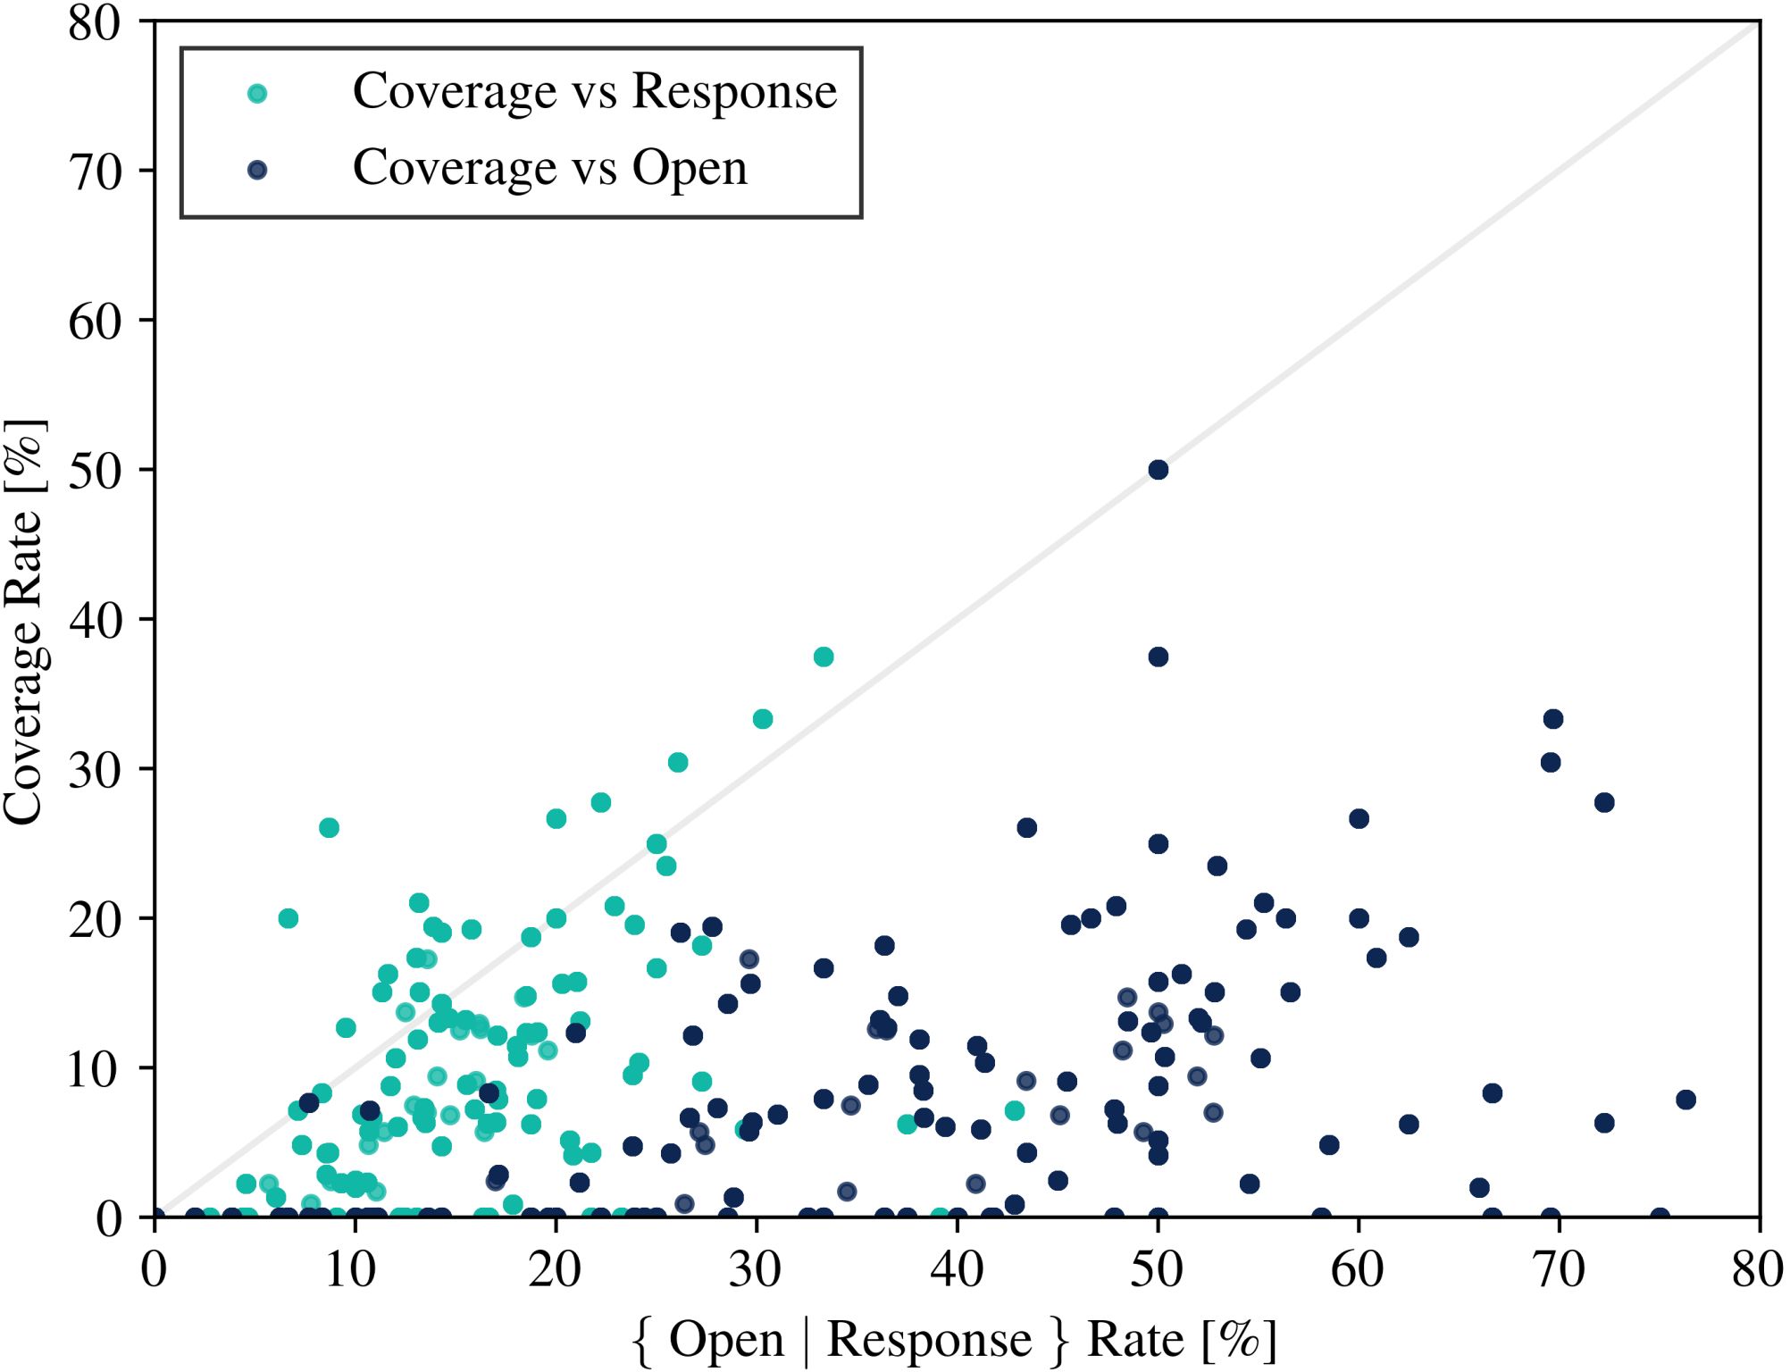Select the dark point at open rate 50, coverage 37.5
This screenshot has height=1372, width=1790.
[1158, 657]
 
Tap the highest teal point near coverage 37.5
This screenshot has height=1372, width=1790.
[824, 657]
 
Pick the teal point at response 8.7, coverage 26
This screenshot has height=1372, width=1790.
[329, 827]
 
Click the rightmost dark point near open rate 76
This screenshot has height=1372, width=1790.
[1685, 1100]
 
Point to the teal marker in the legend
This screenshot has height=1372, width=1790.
[257, 93]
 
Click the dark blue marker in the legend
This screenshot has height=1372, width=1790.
[257, 170]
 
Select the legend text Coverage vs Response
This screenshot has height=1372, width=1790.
[595, 91]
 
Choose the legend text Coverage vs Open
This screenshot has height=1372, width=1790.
[550, 168]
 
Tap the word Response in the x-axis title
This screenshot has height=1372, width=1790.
[929, 1339]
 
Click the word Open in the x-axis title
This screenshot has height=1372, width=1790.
[726, 1339]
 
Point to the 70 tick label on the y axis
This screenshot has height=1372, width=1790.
[95, 171]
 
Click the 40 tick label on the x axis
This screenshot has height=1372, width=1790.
[957, 1269]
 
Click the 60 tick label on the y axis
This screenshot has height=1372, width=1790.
[95, 322]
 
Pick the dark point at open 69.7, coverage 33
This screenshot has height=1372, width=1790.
[1553, 719]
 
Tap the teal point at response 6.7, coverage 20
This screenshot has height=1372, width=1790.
[288, 918]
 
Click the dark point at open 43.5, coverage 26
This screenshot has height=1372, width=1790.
[1027, 827]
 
